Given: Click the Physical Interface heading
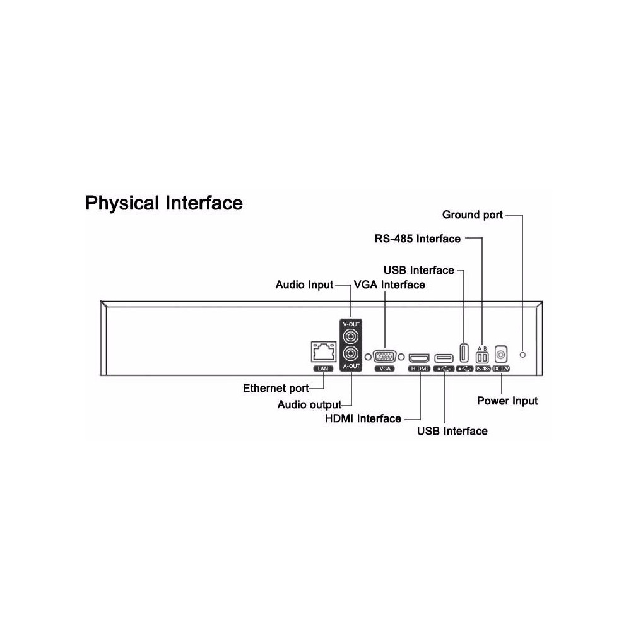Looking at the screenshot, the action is click(x=164, y=203).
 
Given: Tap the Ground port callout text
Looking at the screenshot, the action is click(x=473, y=215).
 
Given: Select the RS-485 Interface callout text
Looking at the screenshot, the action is click(x=417, y=239).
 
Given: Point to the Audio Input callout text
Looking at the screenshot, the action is click(x=304, y=285).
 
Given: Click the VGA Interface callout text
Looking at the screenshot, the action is click(x=389, y=285).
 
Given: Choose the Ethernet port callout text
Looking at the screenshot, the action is click(x=276, y=388).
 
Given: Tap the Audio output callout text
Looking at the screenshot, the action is click(x=309, y=404).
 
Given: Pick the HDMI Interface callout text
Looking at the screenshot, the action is click(x=363, y=418).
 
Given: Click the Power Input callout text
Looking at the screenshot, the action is click(x=507, y=401).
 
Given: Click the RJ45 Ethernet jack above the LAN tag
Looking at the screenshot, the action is click(x=324, y=351).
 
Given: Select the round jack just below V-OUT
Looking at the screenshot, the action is click(x=351, y=336).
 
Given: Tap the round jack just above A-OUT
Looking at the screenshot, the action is click(x=351, y=354).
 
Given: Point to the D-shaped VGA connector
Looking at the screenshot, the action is click(x=384, y=357).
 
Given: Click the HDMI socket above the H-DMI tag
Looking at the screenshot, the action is click(x=419, y=358).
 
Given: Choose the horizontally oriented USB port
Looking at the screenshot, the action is click(x=444, y=358).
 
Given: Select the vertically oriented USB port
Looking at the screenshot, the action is click(x=464, y=353).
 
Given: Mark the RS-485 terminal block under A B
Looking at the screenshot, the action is click(x=482, y=357).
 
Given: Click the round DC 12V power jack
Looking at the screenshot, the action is click(x=501, y=355).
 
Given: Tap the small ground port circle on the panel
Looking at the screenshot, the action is click(x=522, y=355).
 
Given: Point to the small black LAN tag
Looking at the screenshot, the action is click(x=323, y=369).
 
